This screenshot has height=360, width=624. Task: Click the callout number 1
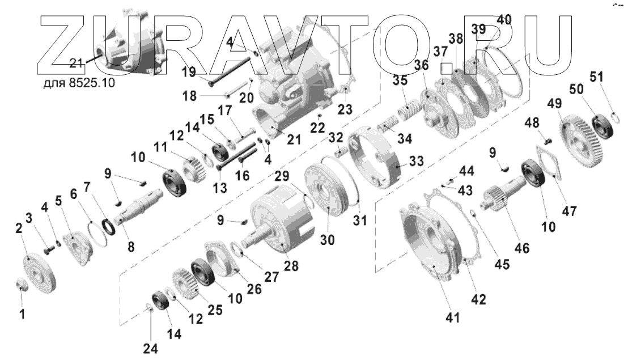(x=23, y=312)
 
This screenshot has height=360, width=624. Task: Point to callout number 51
(x=608, y=77)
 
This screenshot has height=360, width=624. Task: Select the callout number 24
(x=150, y=349)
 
